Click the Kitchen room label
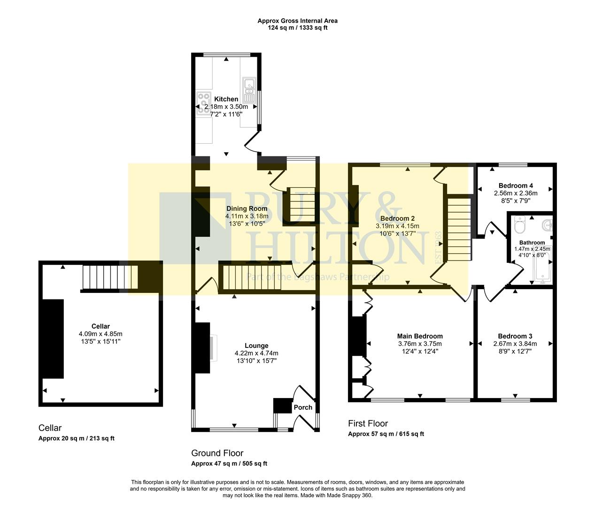coord(226,99)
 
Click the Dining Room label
coord(247,208)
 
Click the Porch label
coord(303,407)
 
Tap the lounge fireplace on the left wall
coord(203,348)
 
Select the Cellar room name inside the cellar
coord(100,326)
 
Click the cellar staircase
coord(110,277)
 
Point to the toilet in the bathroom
coord(519,226)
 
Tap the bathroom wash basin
coord(547,225)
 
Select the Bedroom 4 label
coord(516,185)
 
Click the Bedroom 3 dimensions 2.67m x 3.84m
coord(515,344)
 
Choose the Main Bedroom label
coord(420,336)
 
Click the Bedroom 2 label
coord(397,218)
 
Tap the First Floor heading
coord(368,423)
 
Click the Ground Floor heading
coord(217,453)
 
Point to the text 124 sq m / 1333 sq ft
coord(297,28)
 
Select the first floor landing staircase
coord(458,230)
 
